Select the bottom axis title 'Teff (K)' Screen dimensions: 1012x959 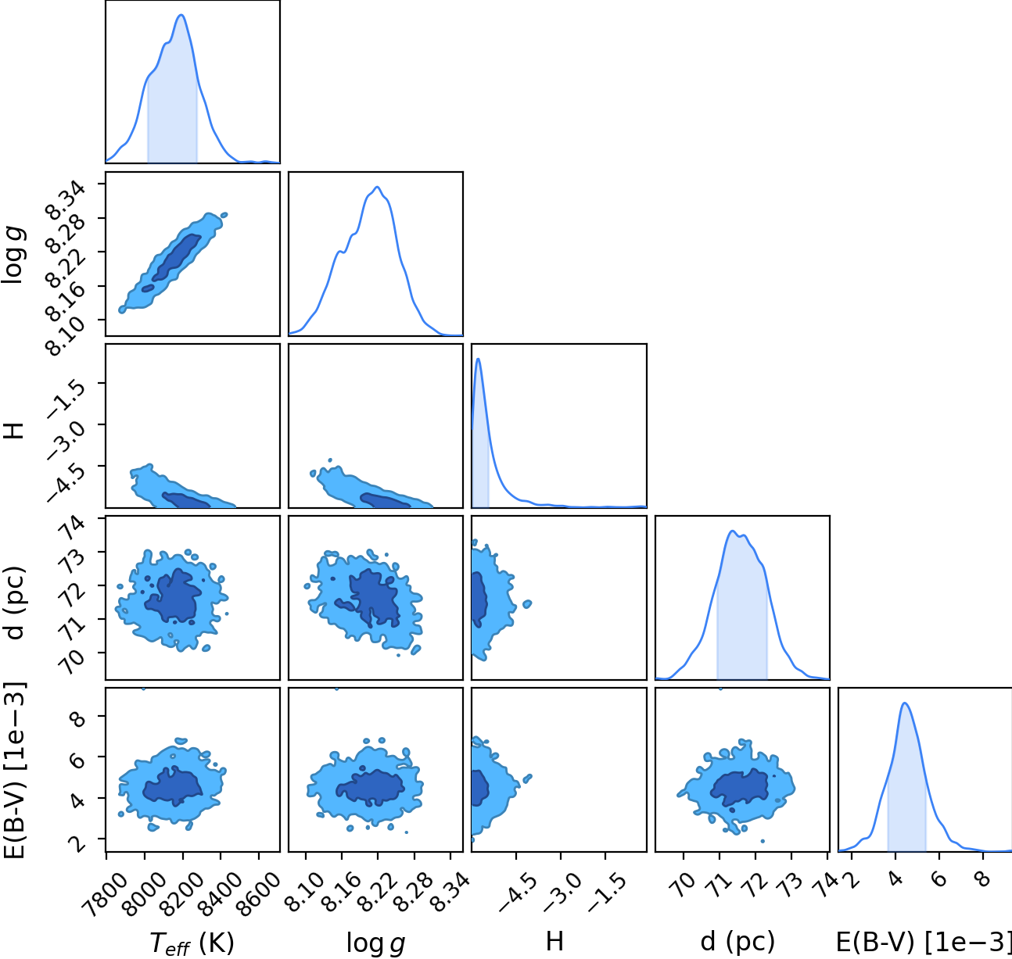point(192,943)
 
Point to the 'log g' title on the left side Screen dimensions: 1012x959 point(14,255)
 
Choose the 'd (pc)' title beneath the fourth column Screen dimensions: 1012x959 point(737,942)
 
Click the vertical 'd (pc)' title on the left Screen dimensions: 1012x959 point(14,603)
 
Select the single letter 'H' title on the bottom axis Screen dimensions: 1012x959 point(554,942)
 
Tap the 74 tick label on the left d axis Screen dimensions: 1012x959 point(72,528)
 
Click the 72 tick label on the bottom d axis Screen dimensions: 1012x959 point(757,886)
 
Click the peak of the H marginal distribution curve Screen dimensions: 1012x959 point(479,359)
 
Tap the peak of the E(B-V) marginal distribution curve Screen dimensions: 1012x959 point(904,703)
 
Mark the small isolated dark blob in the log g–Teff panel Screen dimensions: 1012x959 point(149,288)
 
